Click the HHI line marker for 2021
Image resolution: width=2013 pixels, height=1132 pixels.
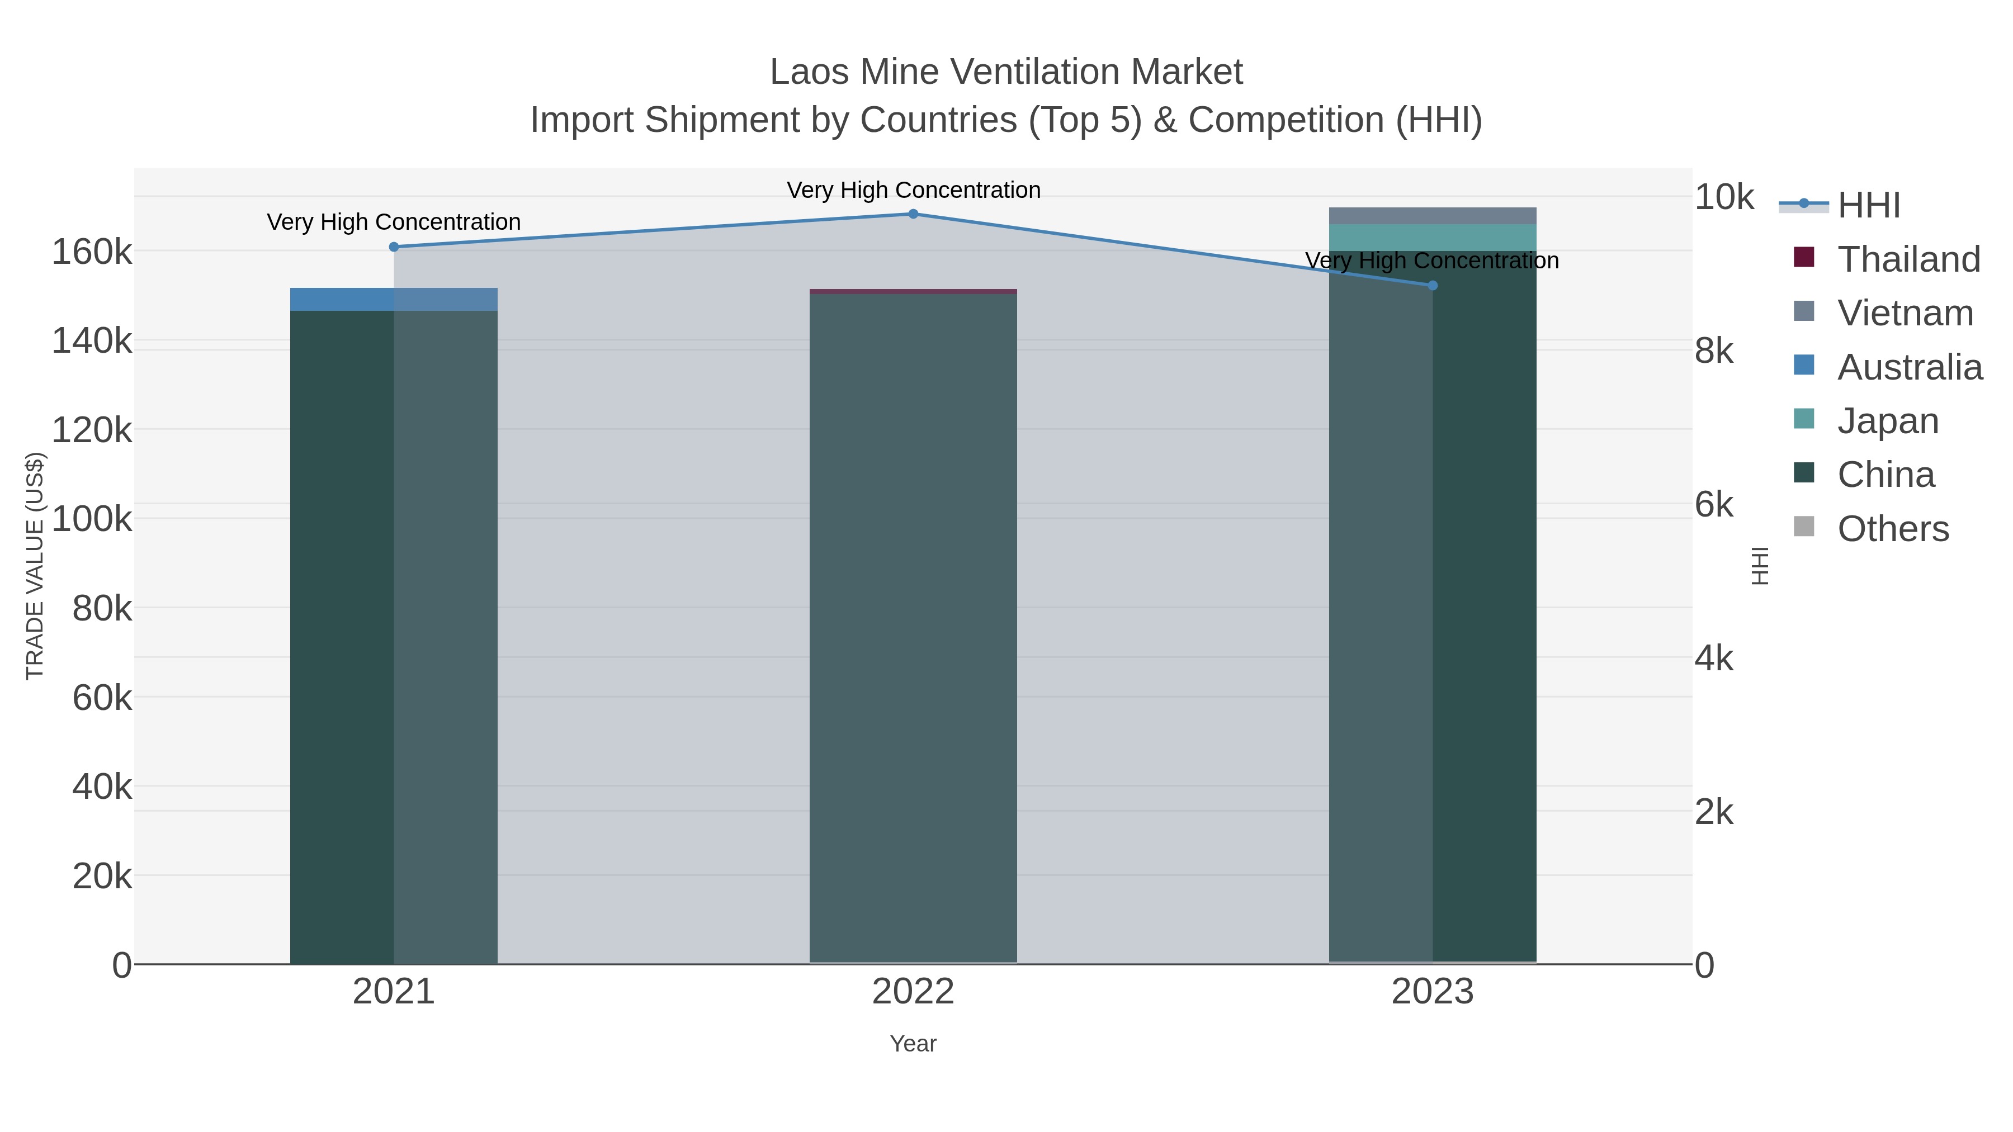pos(394,247)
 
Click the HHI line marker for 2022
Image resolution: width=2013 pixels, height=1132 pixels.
pos(913,214)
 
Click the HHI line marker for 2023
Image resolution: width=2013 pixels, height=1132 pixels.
pos(1433,286)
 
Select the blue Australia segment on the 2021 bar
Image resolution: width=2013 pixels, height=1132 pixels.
pos(394,299)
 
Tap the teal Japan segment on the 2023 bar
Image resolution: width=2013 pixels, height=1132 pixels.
pos(1433,238)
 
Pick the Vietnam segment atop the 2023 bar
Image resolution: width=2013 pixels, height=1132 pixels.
pos(1433,216)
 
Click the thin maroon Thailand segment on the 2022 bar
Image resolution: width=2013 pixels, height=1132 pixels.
pos(913,291)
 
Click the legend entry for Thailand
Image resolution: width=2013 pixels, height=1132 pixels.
pos(1907,259)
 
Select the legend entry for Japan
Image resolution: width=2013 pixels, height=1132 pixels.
pos(1887,421)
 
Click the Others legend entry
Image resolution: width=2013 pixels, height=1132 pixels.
pos(1891,529)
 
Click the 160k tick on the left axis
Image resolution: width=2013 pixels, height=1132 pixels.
pos(92,252)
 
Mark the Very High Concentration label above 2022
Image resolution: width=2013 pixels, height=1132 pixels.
pos(913,190)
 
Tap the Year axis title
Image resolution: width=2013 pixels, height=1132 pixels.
pos(913,1044)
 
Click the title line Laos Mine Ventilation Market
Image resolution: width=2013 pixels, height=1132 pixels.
pos(1006,72)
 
